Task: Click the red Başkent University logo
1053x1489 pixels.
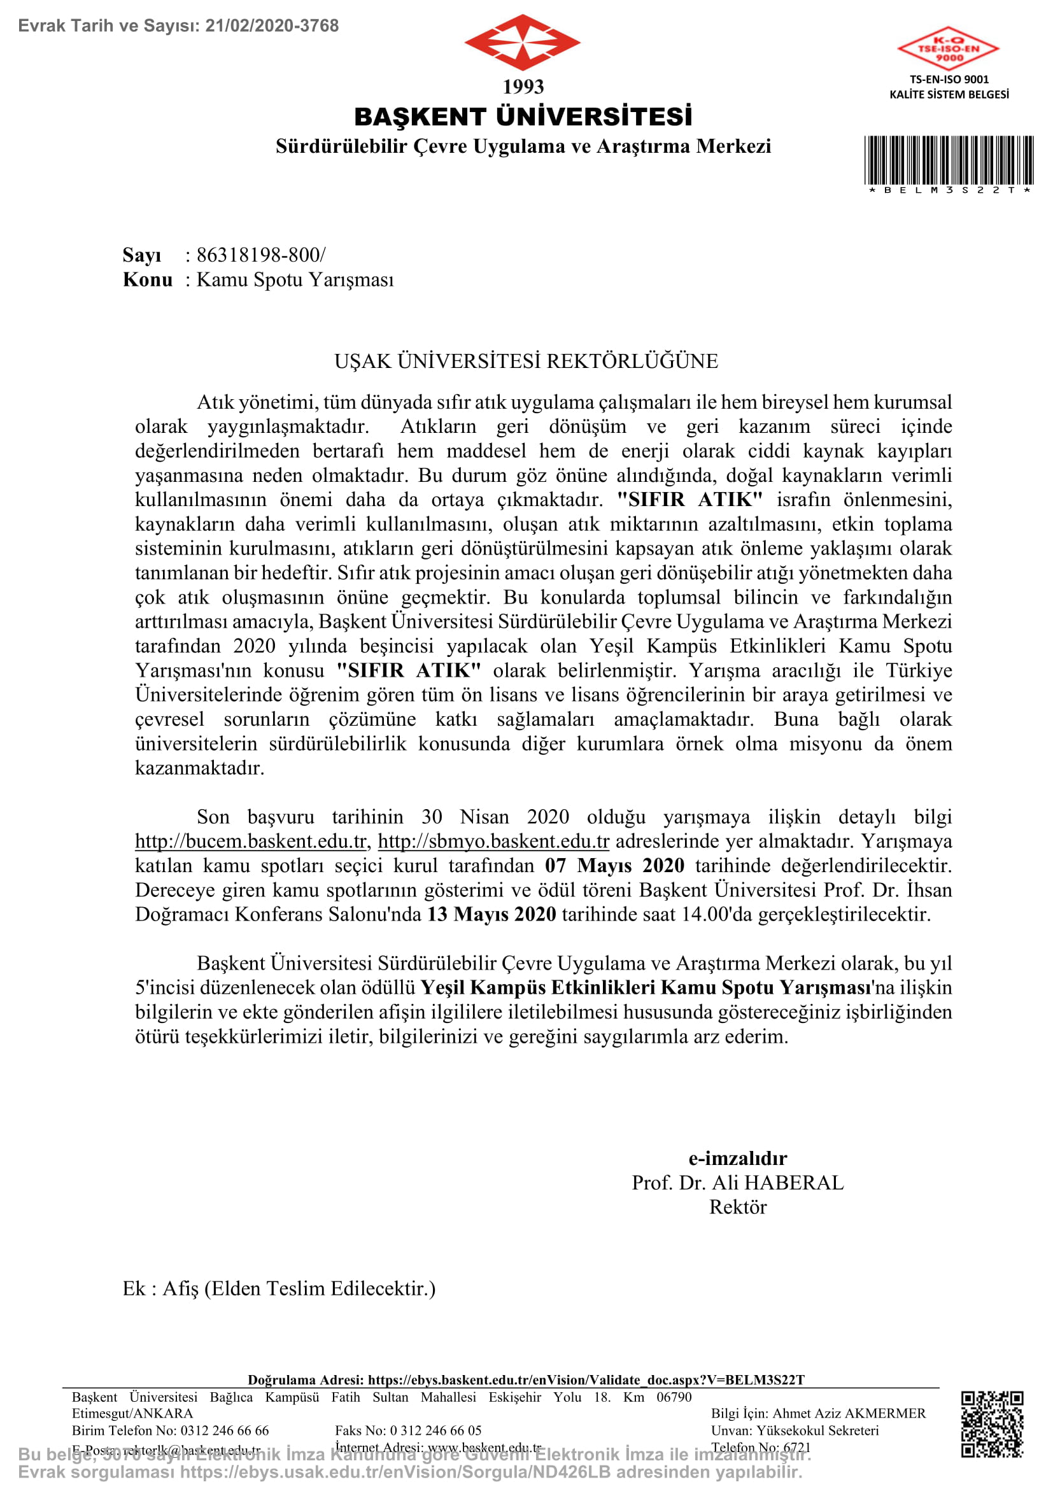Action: [523, 43]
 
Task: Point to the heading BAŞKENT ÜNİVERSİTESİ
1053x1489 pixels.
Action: [523, 117]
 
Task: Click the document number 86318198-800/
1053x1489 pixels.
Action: [260, 255]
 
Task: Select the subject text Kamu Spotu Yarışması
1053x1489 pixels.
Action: [295, 279]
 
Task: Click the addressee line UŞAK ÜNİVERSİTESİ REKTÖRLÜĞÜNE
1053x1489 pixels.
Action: [526, 361]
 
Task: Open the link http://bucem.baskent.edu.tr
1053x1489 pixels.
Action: [251, 841]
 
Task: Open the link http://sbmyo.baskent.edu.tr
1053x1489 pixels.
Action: [493, 841]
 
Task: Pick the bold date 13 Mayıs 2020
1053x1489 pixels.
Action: [491, 914]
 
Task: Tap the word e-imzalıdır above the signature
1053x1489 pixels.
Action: [738, 1158]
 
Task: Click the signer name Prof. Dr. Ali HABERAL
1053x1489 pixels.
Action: [738, 1183]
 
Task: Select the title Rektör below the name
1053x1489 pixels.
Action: [738, 1207]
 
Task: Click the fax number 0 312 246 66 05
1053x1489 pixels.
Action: [435, 1430]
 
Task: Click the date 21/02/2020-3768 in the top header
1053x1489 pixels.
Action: [272, 26]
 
